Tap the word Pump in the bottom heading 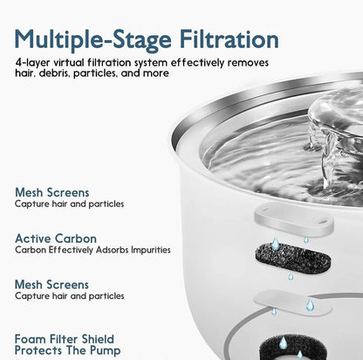(x=99, y=351)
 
